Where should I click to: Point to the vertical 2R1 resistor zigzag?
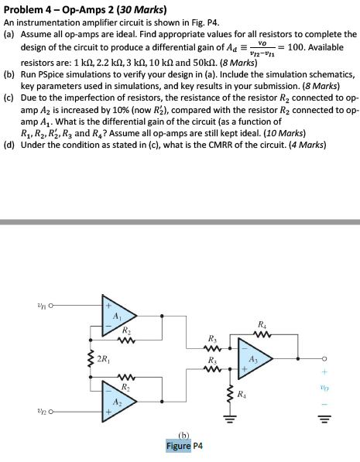point(91,358)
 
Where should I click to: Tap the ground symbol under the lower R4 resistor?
point(229,423)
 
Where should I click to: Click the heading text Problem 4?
point(29,9)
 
